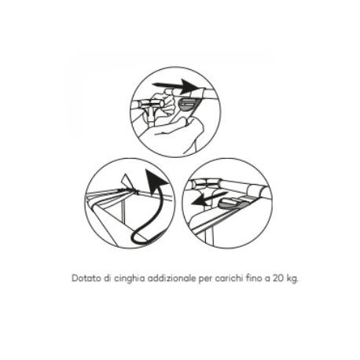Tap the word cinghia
pyautogui.click(x=130, y=278)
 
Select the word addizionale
pyautogui.click(x=171, y=278)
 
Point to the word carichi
pyautogui.click(x=229, y=278)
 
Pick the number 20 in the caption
pyautogui.click(x=278, y=278)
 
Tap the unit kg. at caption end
pyautogui.click(x=292, y=279)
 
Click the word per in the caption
pyautogui.click(x=206, y=279)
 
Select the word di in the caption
pyautogui.click(x=108, y=278)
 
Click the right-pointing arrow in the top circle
pyautogui.click(x=176, y=86)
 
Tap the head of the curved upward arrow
pyautogui.click(x=155, y=182)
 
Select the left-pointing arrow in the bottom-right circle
pyautogui.click(x=209, y=199)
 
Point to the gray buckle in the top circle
pyautogui.click(x=189, y=105)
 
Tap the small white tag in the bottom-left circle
pyautogui.click(x=127, y=181)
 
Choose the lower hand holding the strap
pyautogui.click(x=181, y=132)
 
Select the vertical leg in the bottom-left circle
pyautogui.click(x=123, y=210)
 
